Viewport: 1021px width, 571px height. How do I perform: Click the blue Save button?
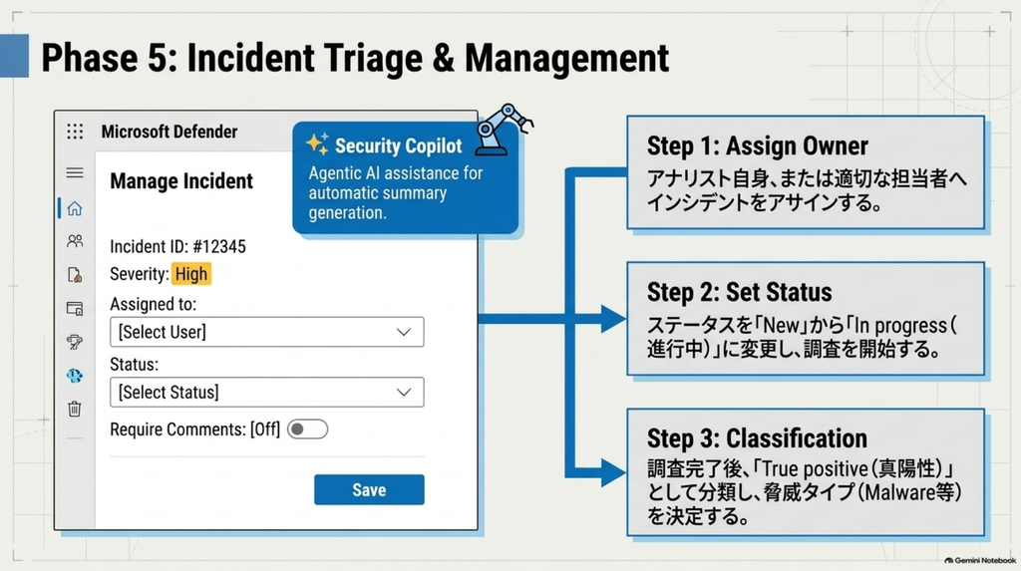369,489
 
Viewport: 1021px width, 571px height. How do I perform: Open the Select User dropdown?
267,332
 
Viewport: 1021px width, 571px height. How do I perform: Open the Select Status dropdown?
267,392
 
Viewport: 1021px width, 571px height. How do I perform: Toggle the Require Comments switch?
307,429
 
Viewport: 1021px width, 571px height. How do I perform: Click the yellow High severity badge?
191,274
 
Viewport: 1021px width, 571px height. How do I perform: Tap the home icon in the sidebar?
75,208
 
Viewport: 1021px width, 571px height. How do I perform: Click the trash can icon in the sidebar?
75,409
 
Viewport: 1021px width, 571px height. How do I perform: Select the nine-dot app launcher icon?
75,132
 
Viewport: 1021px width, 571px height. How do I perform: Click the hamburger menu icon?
75,172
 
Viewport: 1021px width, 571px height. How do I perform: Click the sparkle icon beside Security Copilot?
317,143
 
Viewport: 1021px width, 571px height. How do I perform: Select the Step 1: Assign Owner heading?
758,145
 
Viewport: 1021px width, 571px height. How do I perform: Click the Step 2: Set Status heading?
739,292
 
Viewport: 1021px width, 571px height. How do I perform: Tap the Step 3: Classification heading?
757,438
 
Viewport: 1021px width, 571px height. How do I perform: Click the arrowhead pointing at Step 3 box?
613,473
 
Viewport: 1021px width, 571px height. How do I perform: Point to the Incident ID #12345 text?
177,247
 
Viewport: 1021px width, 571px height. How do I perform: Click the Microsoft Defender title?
170,132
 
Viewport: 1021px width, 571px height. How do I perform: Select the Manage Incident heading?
181,181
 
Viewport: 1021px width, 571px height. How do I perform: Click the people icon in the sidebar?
75,241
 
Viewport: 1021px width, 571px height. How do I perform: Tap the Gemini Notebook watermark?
980,560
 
